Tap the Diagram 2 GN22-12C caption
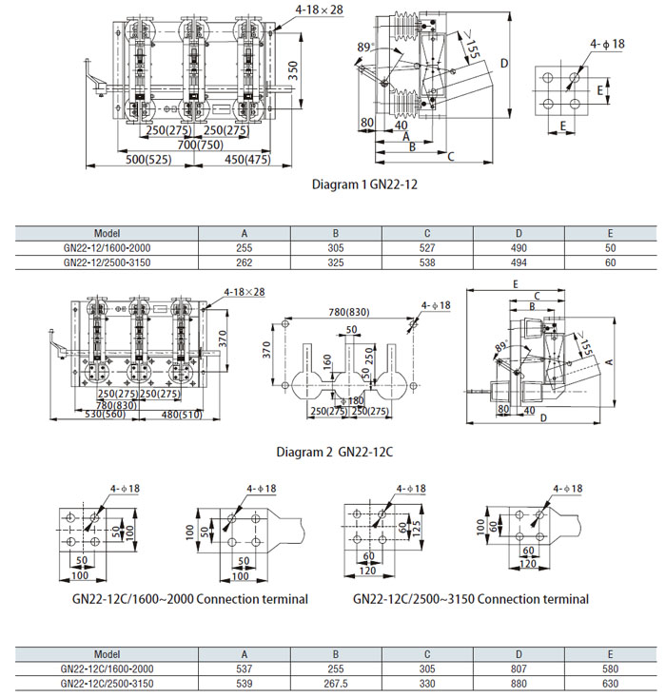click(x=334, y=452)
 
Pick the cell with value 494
click(x=519, y=261)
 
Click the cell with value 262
click(x=244, y=261)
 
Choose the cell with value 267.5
click(x=335, y=683)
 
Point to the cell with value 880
click(x=519, y=683)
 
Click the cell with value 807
click(x=519, y=668)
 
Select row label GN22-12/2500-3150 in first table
click(x=107, y=261)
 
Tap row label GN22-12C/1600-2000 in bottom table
click(x=107, y=668)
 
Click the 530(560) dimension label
click(x=106, y=414)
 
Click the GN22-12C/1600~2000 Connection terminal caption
click(x=190, y=599)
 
